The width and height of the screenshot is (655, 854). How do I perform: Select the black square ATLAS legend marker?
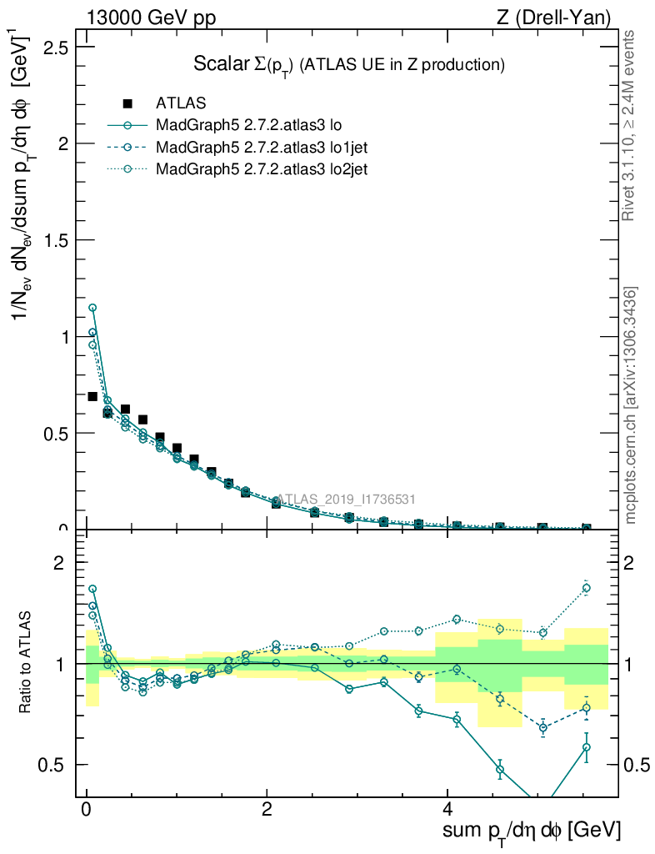click(x=127, y=103)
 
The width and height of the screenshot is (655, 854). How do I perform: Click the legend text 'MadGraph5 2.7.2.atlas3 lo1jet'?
click(x=262, y=148)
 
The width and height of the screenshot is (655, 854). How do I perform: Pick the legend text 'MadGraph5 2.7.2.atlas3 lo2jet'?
click(x=262, y=169)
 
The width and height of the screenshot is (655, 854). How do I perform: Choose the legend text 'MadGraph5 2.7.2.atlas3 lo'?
click(x=250, y=126)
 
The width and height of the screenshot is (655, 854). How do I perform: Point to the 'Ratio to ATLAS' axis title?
click(x=26, y=663)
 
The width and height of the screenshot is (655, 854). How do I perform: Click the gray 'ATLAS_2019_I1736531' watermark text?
click(x=346, y=500)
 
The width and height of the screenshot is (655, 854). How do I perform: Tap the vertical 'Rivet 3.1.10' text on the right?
click(x=630, y=125)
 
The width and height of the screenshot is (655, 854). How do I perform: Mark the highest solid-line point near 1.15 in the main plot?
click(x=92, y=308)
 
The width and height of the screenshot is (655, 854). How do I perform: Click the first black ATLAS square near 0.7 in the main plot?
click(x=92, y=396)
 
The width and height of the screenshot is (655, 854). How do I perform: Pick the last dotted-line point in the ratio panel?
click(x=587, y=588)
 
